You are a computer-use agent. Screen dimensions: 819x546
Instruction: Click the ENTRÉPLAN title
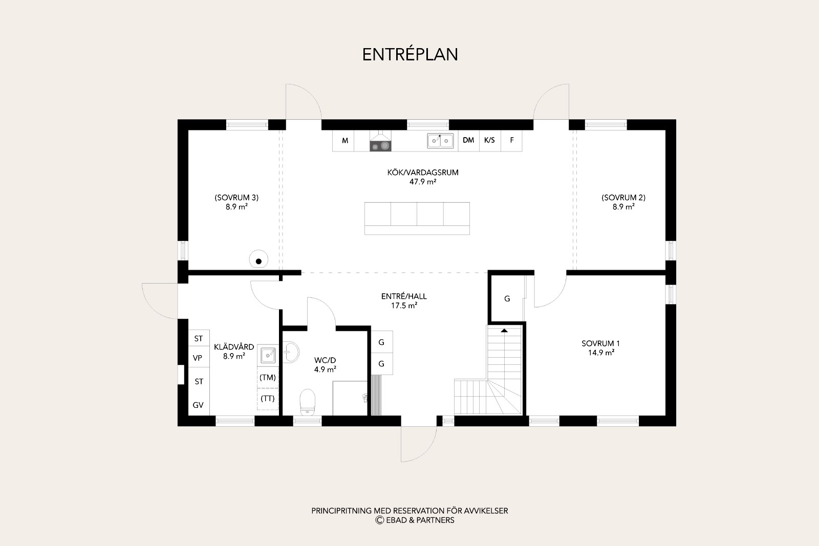(410, 55)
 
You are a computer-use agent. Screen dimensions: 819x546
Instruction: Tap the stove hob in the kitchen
(380, 146)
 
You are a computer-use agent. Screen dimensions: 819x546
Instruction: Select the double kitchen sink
(440, 141)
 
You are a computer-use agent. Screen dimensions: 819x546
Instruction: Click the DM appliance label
(468, 140)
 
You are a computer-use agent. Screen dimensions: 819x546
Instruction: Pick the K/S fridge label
(489, 140)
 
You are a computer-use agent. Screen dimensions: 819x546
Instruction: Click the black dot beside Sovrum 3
(258, 261)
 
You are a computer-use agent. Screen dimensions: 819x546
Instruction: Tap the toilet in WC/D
(308, 402)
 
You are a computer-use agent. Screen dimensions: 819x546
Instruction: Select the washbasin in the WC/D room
(291, 352)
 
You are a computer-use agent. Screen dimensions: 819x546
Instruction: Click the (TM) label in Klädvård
(268, 378)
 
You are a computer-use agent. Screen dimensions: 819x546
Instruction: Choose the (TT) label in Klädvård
(268, 398)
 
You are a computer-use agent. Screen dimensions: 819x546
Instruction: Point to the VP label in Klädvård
(198, 358)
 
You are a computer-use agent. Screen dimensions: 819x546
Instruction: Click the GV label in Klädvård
(198, 405)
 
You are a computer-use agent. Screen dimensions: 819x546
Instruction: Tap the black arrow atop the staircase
(504, 331)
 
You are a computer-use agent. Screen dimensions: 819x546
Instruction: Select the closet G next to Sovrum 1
(507, 298)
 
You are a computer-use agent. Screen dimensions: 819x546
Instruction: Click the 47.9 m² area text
(423, 182)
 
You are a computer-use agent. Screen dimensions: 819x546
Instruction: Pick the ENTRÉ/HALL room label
(404, 296)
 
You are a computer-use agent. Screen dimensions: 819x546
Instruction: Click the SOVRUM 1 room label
(601, 343)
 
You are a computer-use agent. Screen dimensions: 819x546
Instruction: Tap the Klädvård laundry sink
(268, 355)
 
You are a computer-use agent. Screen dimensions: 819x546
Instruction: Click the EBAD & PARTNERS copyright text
(415, 520)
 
